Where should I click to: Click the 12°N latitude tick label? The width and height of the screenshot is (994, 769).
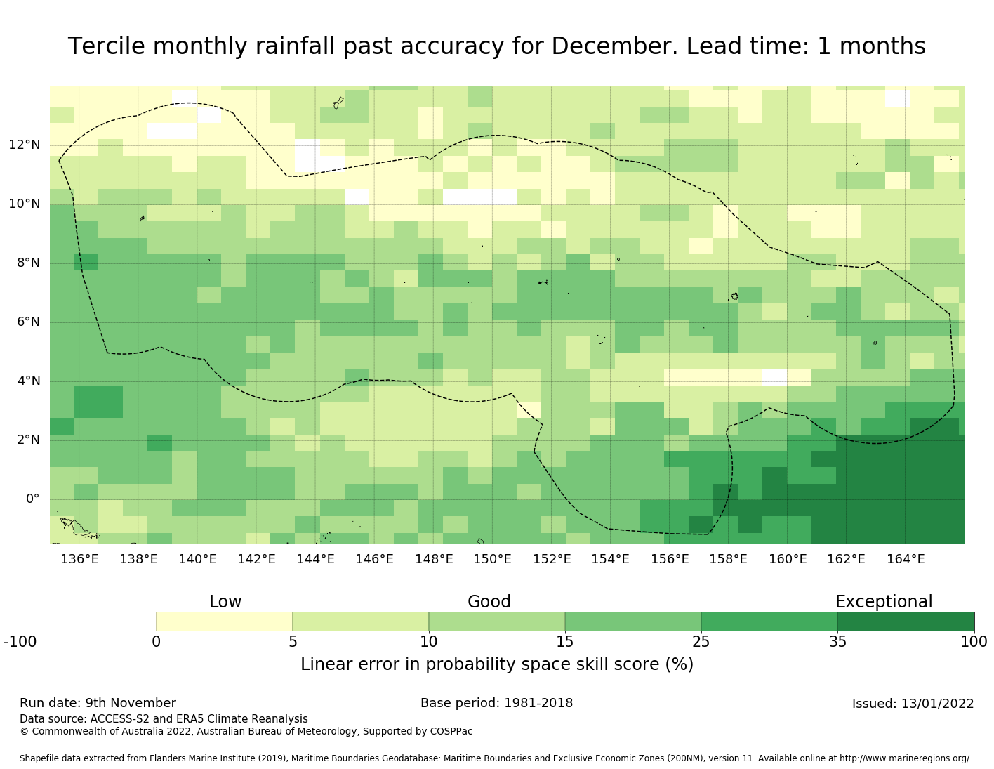pos(24,145)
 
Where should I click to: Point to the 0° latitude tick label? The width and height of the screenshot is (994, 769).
pos(32,499)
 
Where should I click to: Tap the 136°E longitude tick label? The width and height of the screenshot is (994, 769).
pos(79,559)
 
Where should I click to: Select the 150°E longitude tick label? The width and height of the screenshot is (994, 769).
pos(492,559)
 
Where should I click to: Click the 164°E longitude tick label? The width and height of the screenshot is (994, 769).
pos(906,559)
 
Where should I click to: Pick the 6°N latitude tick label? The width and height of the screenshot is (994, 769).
pos(24,322)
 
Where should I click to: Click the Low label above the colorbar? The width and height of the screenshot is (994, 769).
pos(225,602)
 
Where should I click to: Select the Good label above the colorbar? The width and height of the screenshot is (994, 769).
pos(489,602)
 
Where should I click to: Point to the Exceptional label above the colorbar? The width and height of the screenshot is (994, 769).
pos(884,602)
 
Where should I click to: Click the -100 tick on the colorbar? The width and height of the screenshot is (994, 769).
pos(20,641)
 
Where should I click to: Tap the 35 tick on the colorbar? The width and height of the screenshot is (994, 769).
pos(837,641)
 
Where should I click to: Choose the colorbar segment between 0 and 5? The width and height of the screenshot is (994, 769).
pos(225,622)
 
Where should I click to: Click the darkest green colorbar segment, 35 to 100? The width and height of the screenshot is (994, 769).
pos(906,622)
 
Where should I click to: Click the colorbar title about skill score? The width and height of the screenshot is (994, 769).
pos(497,664)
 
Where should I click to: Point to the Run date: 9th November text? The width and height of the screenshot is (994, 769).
pos(98,703)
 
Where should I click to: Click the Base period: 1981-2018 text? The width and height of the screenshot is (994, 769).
pos(497,703)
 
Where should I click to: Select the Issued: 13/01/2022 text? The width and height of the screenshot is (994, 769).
pos(913,704)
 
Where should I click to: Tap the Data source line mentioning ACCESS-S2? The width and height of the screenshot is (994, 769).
pos(164,719)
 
